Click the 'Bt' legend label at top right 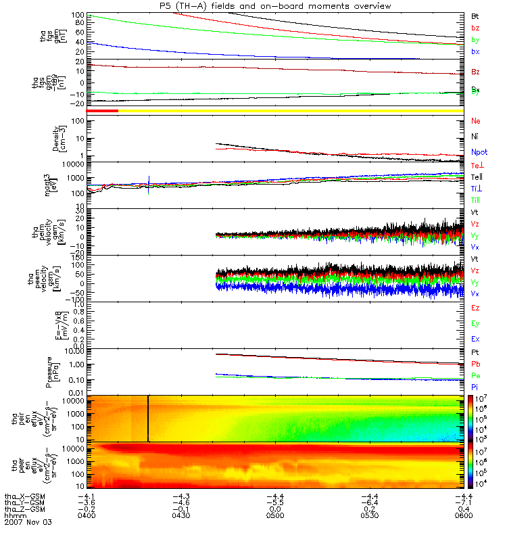click(x=475, y=15)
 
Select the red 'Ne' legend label click(x=476, y=121)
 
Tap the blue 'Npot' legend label click(x=479, y=152)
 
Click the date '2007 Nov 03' click(x=28, y=523)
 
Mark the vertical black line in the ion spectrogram click(x=148, y=419)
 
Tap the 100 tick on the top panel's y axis click(x=77, y=14)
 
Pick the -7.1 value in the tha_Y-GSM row click(x=462, y=502)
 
